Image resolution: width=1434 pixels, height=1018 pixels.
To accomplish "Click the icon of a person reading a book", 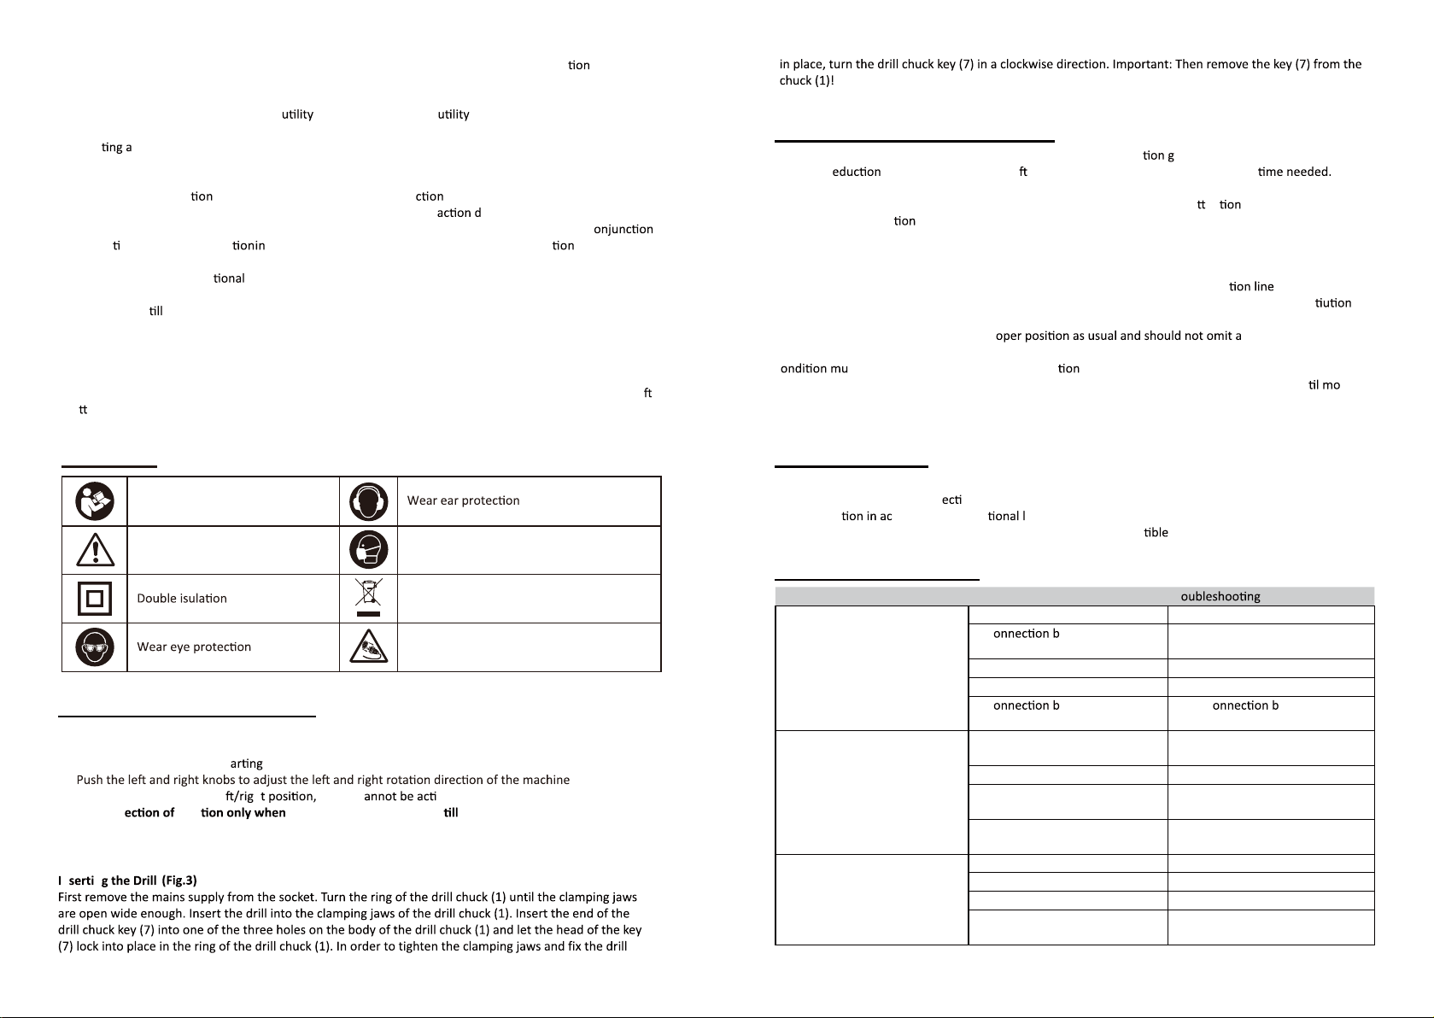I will [x=94, y=501].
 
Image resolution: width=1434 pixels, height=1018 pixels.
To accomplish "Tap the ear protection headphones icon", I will [x=368, y=502].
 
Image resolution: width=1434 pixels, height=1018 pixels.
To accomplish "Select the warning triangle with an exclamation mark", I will [x=94, y=551].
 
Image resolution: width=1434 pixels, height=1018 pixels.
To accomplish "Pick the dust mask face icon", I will [x=368, y=550].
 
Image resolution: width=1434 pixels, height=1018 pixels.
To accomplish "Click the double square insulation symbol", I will [x=94, y=599].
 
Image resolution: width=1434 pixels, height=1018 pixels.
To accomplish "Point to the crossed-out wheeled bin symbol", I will [x=368, y=597].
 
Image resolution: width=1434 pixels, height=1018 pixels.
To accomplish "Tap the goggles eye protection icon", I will [x=94, y=647].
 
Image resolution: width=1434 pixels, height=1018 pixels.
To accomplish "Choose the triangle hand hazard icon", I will [x=368, y=647].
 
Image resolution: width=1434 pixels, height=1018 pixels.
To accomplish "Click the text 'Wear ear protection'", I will [x=463, y=500].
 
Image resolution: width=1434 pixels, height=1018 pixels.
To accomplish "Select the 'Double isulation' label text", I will [x=182, y=599].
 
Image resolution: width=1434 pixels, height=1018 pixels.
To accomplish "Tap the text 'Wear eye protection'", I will [x=194, y=647].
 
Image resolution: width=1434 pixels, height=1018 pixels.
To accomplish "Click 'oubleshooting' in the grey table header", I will [x=1220, y=597].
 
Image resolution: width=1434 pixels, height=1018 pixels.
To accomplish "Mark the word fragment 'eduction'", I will [x=856, y=172].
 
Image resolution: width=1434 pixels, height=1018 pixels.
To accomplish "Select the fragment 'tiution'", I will [x=1333, y=303].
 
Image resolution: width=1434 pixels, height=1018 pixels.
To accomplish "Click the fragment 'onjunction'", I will [x=623, y=230].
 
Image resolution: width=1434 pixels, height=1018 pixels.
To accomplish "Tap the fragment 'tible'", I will [x=1156, y=533].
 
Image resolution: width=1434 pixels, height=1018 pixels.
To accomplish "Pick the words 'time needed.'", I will [x=1294, y=172].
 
